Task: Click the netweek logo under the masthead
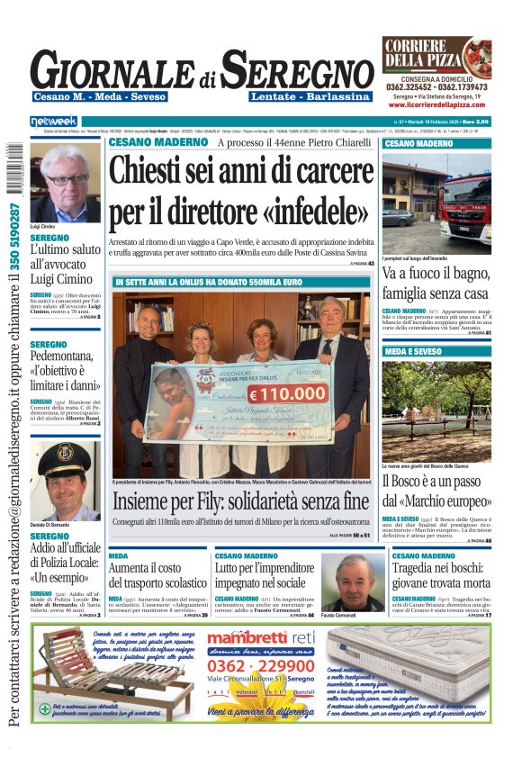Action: [x=55, y=122]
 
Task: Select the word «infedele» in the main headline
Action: [x=311, y=210]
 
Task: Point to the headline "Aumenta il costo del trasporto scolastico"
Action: [x=157, y=576]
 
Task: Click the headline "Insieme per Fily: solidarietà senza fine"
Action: [x=240, y=501]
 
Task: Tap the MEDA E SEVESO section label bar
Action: [x=436, y=350]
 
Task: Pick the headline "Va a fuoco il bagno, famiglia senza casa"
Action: [x=436, y=283]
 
